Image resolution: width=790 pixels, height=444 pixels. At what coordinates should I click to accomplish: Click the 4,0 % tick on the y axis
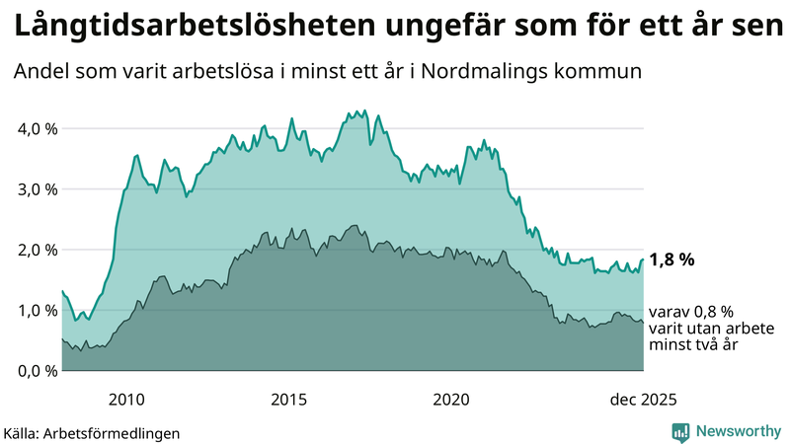(x=37, y=129)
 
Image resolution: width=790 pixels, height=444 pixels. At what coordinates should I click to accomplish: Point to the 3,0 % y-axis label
(x=37, y=189)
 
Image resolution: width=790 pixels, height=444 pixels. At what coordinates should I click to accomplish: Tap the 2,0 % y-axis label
(x=37, y=250)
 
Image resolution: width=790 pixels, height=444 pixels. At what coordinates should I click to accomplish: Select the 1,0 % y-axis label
(x=37, y=310)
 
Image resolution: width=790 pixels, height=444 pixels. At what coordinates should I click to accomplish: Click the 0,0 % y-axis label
(x=37, y=370)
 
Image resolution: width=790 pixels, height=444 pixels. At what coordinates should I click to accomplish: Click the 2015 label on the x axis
(x=289, y=399)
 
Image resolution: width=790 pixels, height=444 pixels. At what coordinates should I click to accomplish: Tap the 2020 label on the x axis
(x=451, y=399)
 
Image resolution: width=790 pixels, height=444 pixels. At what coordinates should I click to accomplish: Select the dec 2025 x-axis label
(x=643, y=399)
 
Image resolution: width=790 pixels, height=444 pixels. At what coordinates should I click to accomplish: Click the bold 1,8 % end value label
(x=672, y=260)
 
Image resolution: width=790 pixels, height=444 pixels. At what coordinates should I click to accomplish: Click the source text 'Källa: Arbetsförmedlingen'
(x=92, y=432)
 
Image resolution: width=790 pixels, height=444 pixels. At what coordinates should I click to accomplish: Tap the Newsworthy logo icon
(x=680, y=431)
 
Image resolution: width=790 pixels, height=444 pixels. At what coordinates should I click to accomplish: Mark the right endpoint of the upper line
(x=643, y=260)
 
